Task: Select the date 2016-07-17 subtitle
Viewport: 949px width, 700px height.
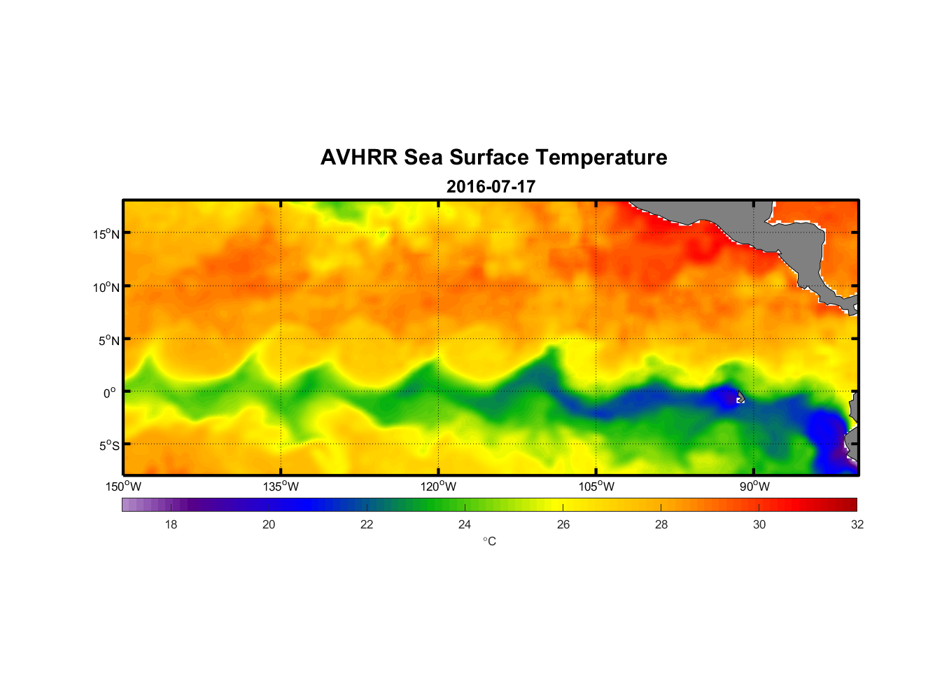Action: pos(491,187)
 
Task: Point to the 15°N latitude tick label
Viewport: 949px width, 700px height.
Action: pos(106,234)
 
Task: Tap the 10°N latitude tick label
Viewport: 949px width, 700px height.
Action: pos(106,287)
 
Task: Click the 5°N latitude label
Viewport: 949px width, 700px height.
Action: pos(108,340)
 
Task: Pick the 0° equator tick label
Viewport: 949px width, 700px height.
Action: pos(111,393)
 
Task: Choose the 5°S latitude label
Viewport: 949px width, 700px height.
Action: pos(108,446)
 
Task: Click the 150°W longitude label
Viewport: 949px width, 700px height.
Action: pos(123,486)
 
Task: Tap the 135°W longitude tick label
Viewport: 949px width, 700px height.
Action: pos(281,486)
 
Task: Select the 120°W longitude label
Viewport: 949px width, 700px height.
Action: pos(438,486)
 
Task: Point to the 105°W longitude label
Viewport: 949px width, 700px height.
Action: pos(596,486)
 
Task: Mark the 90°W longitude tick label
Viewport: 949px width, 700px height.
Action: pos(754,486)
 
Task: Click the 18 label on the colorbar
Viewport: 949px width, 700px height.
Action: pos(171,524)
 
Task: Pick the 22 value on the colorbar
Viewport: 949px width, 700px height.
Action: pos(367,524)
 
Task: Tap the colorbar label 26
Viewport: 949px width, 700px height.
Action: pos(563,524)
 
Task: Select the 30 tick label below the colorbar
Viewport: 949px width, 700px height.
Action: pos(759,524)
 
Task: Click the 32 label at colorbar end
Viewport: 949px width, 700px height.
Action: pos(857,524)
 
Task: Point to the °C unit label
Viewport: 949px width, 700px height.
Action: pos(489,541)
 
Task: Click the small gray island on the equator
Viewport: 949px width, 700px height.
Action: pos(741,397)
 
